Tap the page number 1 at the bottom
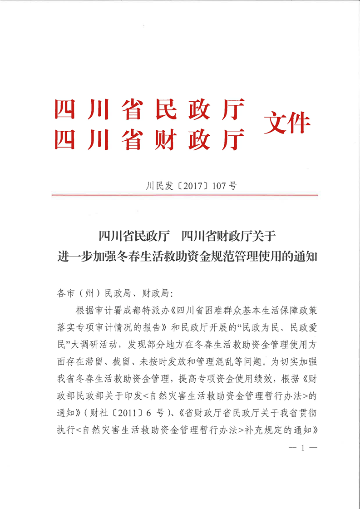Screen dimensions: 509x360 [x=302, y=448]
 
